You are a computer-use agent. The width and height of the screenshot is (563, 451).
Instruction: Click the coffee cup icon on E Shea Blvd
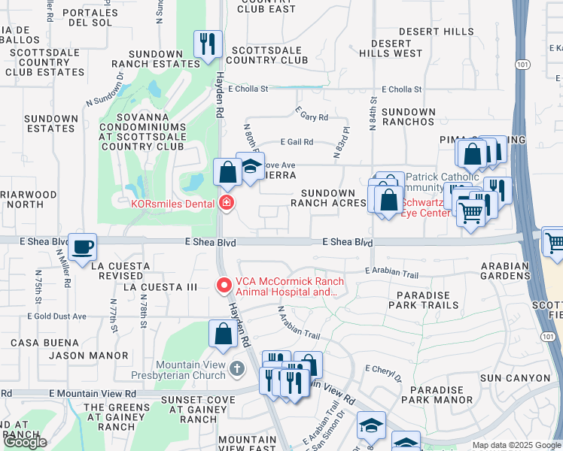point(82,246)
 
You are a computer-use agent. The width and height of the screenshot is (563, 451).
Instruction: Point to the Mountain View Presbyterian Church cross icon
point(238,368)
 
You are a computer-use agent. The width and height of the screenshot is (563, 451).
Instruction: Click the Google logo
point(25,443)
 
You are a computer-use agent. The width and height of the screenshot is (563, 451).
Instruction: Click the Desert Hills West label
point(391,48)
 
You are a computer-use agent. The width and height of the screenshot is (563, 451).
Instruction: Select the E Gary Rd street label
point(313,117)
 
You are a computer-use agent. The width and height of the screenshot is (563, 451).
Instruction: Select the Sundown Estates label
point(51,123)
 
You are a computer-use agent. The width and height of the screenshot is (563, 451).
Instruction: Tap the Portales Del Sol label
point(91,17)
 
